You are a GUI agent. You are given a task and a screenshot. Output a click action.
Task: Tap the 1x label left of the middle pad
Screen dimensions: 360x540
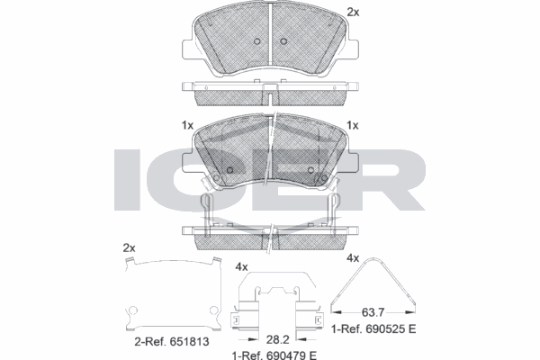click(x=186, y=125)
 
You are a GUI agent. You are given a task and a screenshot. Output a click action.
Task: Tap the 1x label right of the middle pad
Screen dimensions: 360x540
click(x=354, y=125)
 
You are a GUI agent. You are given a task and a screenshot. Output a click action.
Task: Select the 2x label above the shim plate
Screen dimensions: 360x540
click(x=129, y=247)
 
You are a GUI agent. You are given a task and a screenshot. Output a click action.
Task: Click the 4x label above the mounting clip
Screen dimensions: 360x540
click(x=240, y=266)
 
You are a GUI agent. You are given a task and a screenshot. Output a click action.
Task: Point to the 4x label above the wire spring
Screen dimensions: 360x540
click(x=353, y=257)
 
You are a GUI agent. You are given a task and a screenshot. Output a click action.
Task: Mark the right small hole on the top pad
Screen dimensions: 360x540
click(x=283, y=42)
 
